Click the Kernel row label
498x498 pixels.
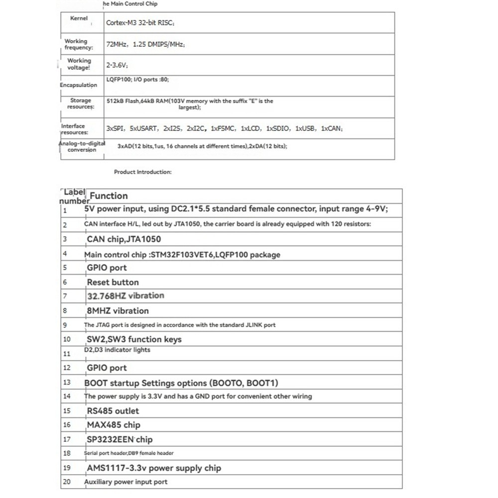(x=79, y=18)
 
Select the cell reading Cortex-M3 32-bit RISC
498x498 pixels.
(x=140, y=23)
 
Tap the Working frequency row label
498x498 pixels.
(x=78, y=44)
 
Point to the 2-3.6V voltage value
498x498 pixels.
(x=118, y=65)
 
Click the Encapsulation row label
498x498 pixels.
(x=79, y=85)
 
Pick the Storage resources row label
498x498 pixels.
(x=80, y=104)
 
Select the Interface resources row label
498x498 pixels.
(x=74, y=129)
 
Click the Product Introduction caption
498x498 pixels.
(x=142, y=172)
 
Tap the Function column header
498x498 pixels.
(x=109, y=196)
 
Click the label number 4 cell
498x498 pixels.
(x=65, y=253)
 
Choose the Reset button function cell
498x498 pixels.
(x=113, y=282)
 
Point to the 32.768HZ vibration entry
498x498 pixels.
(x=125, y=296)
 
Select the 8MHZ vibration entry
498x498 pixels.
(x=118, y=311)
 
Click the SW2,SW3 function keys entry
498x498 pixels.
(x=134, y=339)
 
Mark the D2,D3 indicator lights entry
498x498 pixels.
(x=117, y=350)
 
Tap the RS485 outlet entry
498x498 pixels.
(x=113, y=411)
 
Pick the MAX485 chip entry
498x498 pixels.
(x=114, y=425)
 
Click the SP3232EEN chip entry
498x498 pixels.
(x=120, y=439)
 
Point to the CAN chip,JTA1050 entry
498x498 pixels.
(x=124, y=239)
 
